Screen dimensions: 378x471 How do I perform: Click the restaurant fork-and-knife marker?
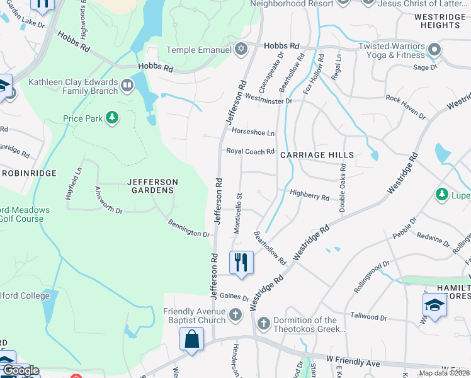[241, 262]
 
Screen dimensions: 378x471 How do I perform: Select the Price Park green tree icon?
[111, 118]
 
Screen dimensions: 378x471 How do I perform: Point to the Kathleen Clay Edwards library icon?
[127, 85]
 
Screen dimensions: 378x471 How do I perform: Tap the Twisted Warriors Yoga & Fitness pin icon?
[433, 49]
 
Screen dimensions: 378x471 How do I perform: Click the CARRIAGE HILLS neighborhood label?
[317, 155]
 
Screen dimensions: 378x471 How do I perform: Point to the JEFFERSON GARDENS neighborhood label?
[152, 186]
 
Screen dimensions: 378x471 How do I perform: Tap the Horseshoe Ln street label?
[253, 133]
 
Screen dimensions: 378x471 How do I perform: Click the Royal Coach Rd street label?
[251, 151]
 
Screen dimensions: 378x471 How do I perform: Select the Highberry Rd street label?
[309, 197]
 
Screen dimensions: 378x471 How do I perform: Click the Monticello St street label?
[237, 214]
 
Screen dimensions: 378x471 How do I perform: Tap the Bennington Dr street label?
[188, 228]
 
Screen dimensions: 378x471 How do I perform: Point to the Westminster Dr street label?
[269, 100]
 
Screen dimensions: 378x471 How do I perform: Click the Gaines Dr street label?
[234, 297]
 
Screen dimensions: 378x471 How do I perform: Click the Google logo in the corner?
[20, 370]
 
